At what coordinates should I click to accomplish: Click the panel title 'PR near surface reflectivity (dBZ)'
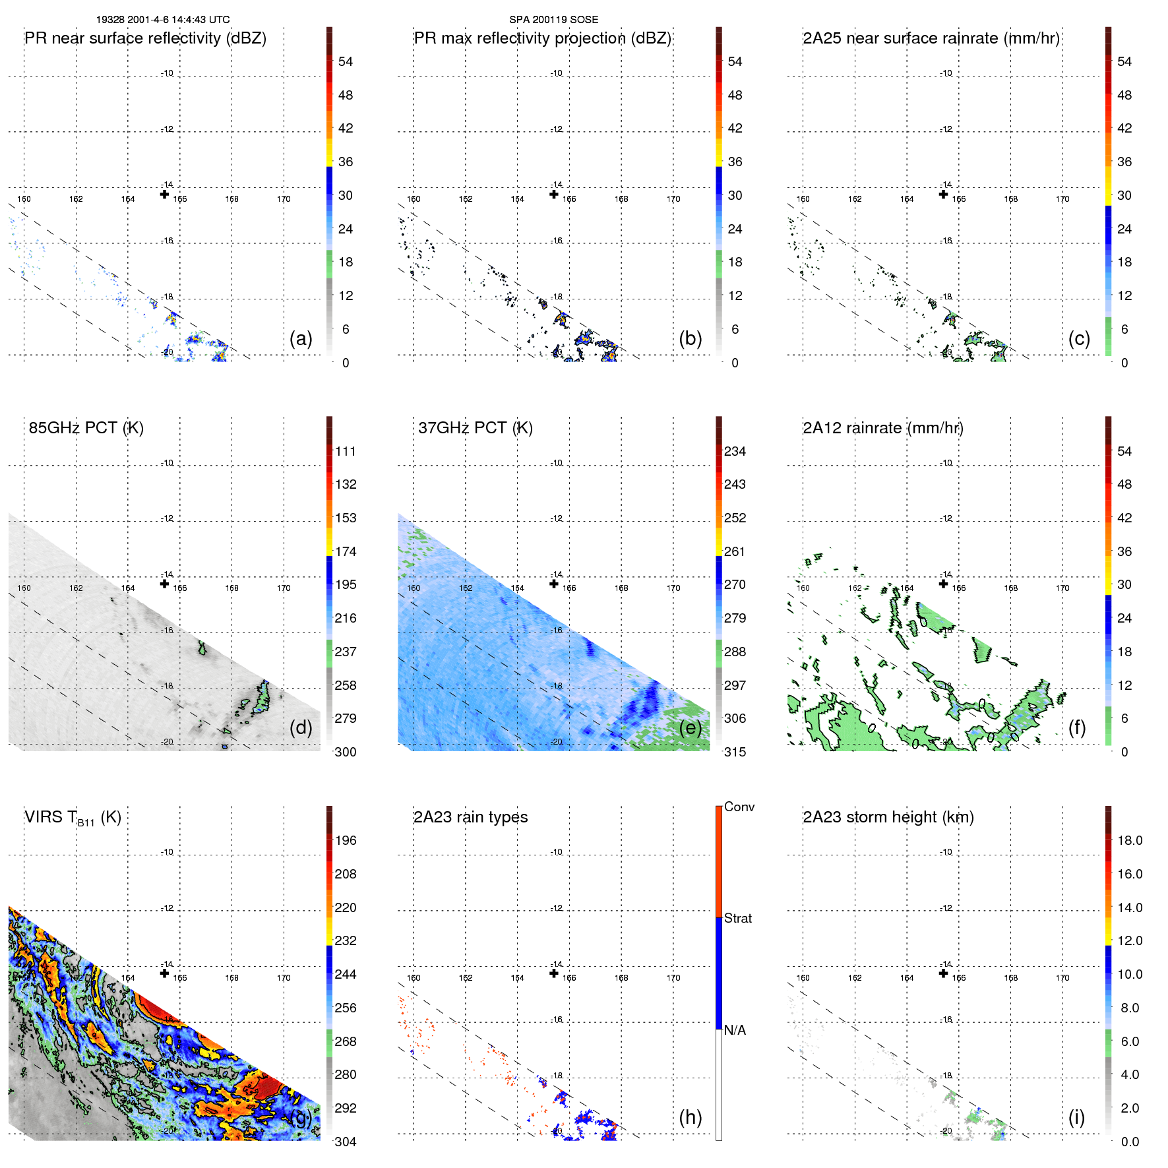145,38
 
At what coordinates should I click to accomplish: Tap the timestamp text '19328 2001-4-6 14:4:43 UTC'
163,20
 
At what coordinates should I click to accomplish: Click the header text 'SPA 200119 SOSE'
553,20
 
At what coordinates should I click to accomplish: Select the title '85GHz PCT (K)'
86,428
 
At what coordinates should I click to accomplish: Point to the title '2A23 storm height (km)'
888,817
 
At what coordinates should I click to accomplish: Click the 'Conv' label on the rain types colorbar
739,807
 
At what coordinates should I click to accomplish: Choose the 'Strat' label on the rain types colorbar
737,918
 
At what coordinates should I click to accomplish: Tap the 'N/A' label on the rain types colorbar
735,1030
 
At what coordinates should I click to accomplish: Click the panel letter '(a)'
301,339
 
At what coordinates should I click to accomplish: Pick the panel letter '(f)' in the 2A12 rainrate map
1077,727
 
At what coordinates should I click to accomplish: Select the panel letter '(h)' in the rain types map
691,1117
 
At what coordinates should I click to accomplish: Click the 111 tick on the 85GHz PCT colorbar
346,451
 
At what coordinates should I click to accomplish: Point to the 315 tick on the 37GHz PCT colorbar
735,752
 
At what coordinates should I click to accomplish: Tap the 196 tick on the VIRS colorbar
346,840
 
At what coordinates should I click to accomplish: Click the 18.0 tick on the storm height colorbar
1130,840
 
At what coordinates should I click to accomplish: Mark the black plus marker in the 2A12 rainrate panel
943,584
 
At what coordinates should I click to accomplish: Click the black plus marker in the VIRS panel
164,973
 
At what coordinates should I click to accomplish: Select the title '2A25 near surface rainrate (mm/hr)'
931,38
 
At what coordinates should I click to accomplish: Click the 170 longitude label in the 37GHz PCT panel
673,588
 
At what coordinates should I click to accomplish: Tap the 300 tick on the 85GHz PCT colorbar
346,752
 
